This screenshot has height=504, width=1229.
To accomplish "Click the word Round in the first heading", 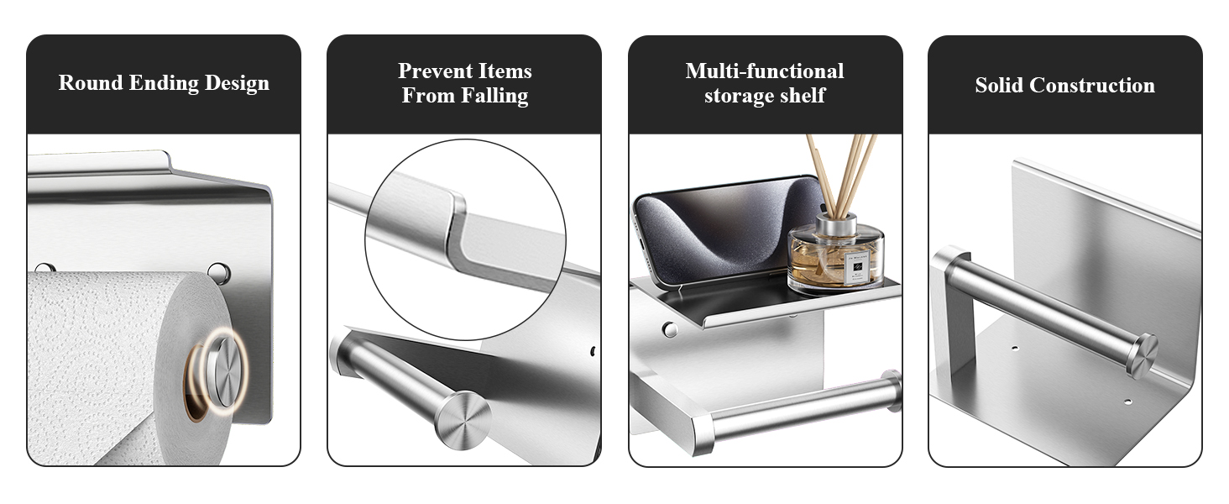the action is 90,83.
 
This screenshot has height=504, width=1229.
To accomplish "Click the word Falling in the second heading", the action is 495,96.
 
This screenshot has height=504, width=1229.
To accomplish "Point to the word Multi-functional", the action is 764,71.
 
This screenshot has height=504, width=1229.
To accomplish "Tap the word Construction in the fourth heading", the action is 1092,85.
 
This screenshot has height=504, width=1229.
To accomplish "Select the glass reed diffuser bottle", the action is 835,253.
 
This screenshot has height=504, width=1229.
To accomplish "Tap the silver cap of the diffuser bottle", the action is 836,224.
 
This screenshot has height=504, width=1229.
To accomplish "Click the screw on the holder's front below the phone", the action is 669,329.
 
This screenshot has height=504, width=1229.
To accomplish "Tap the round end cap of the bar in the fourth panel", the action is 1143,357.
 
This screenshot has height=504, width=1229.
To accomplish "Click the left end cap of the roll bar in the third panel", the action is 703,431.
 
